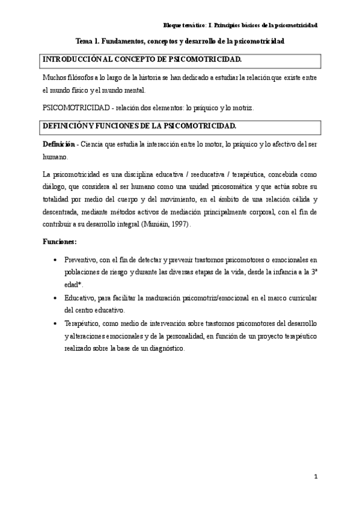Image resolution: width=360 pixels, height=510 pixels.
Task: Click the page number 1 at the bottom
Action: click(x=316, y=477)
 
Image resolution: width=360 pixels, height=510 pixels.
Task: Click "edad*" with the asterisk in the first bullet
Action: click(x=73, y=284)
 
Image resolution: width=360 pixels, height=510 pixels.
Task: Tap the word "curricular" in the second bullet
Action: click(x=298, y=298)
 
